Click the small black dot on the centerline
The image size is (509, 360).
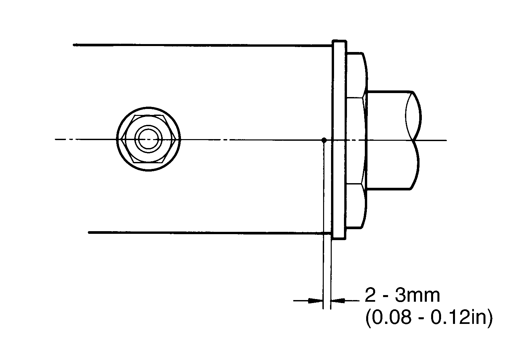[324, 140]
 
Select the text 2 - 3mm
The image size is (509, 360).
[402, 295]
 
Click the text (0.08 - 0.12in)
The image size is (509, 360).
[428, 319]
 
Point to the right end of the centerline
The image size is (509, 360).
[446, 140]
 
